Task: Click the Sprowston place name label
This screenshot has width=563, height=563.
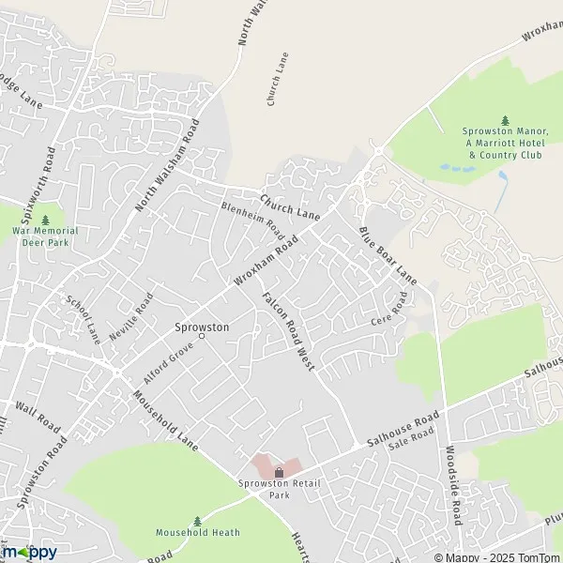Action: pos(200,327)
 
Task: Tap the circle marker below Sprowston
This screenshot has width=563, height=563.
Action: pos(200,336)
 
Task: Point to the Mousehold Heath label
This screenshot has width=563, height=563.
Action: pos(197,533)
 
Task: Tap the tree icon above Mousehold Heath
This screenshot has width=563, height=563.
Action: pos(197,521)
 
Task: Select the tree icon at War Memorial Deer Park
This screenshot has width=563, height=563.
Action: pos(45,220)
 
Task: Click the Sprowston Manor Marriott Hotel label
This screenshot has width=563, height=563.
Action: pos(505,143)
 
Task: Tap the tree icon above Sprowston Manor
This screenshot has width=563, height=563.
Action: pos(505,120)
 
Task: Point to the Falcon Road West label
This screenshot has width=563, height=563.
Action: pos(287,329)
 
